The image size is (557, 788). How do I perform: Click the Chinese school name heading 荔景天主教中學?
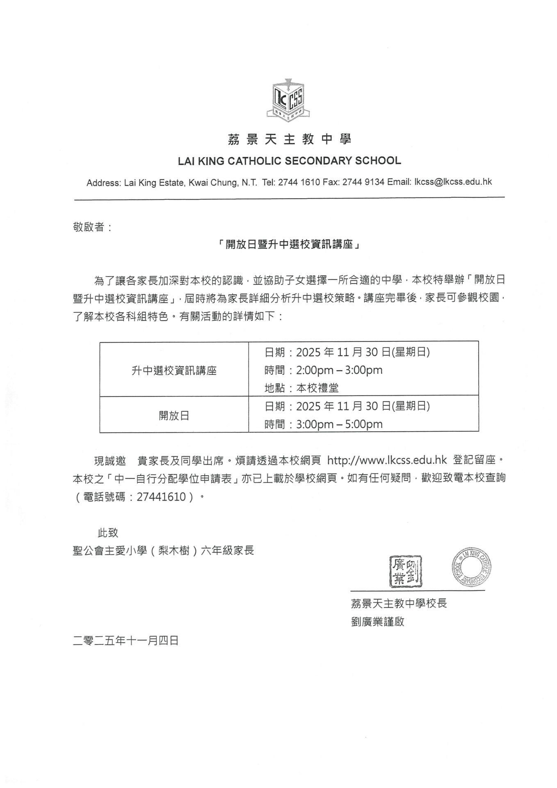289,140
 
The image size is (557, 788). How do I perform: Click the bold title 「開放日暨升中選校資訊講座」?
289,245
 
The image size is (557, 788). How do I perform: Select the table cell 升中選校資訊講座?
174,371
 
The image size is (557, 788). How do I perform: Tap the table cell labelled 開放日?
174,416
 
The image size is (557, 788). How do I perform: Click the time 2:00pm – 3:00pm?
339,370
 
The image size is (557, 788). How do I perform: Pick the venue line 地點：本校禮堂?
301,388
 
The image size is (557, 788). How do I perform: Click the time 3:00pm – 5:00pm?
339,424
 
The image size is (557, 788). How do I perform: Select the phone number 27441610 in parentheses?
161,497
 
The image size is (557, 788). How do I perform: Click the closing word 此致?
108,533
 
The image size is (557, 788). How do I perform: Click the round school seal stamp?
472,567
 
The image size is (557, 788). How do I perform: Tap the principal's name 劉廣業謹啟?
377,621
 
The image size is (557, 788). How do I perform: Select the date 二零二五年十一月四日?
126,641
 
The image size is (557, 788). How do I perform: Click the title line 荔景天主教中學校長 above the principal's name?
399,603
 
